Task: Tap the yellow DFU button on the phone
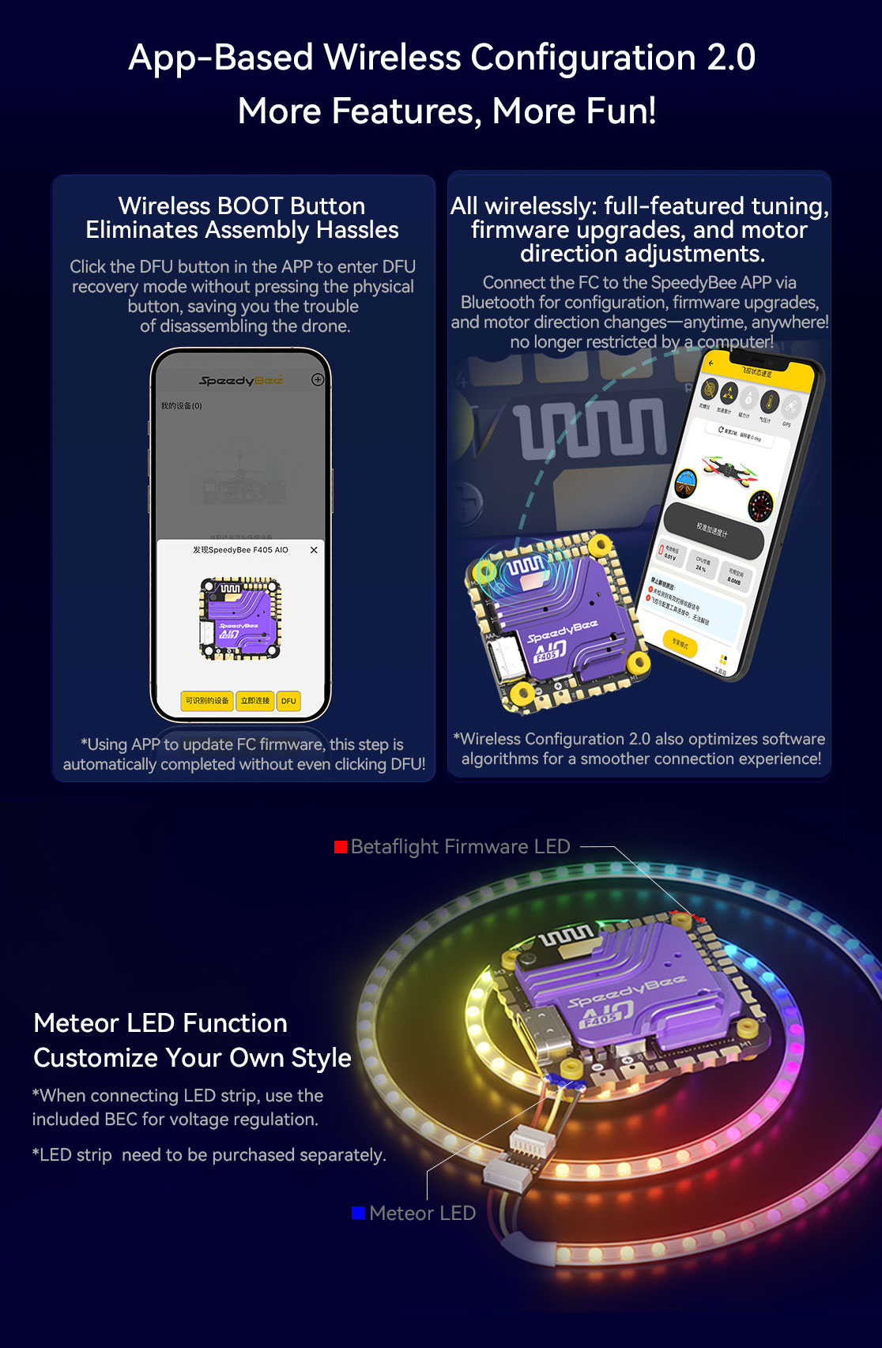click(288, 701)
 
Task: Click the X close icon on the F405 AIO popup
click(314, 550)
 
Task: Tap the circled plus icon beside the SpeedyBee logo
click(318, 379)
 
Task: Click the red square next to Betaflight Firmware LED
click(341, 847)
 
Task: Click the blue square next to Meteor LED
click(358, 1213)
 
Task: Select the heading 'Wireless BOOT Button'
click(242, 205)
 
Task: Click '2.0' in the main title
click(731, 58)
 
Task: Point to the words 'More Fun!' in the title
click(575, 111)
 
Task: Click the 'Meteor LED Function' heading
click(160, 1023)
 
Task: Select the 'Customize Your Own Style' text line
click(192, 1058)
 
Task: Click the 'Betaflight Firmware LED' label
click(460, 847)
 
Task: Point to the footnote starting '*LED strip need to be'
click(209, 1155)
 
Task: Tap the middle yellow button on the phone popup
click(255, 701)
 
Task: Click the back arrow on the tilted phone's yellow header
click(710, 363)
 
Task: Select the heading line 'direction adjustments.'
click(642, 254)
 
